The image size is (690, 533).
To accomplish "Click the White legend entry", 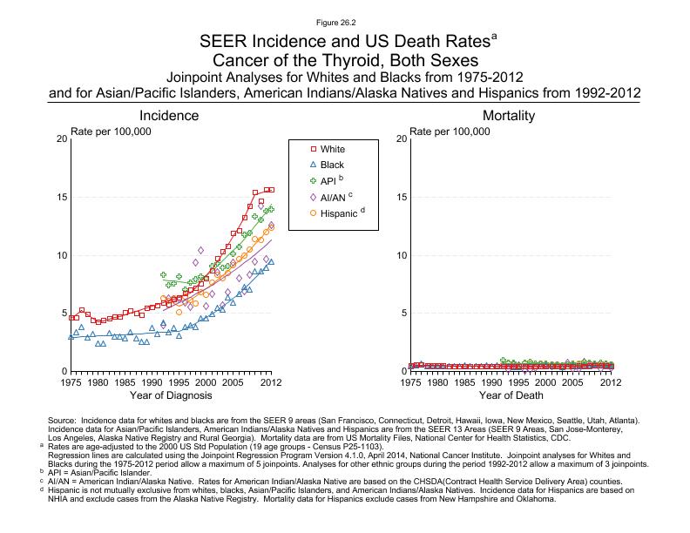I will click(x=332, y=149).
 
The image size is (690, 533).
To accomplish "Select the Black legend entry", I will click(x=332, y=165).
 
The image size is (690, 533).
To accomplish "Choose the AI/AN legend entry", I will click(x=335, y=197).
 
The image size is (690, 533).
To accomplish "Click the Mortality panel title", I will click(x=508, y=116).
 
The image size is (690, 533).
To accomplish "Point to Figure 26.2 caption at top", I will click(x=345, y=21).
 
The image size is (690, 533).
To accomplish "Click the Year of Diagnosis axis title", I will click(x=171, y=395).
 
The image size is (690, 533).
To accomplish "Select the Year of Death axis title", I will click(x=510, y=395).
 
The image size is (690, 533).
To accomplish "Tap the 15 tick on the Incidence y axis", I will click(x=61, y=197).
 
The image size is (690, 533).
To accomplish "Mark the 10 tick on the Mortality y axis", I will click(x=401, y=255).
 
